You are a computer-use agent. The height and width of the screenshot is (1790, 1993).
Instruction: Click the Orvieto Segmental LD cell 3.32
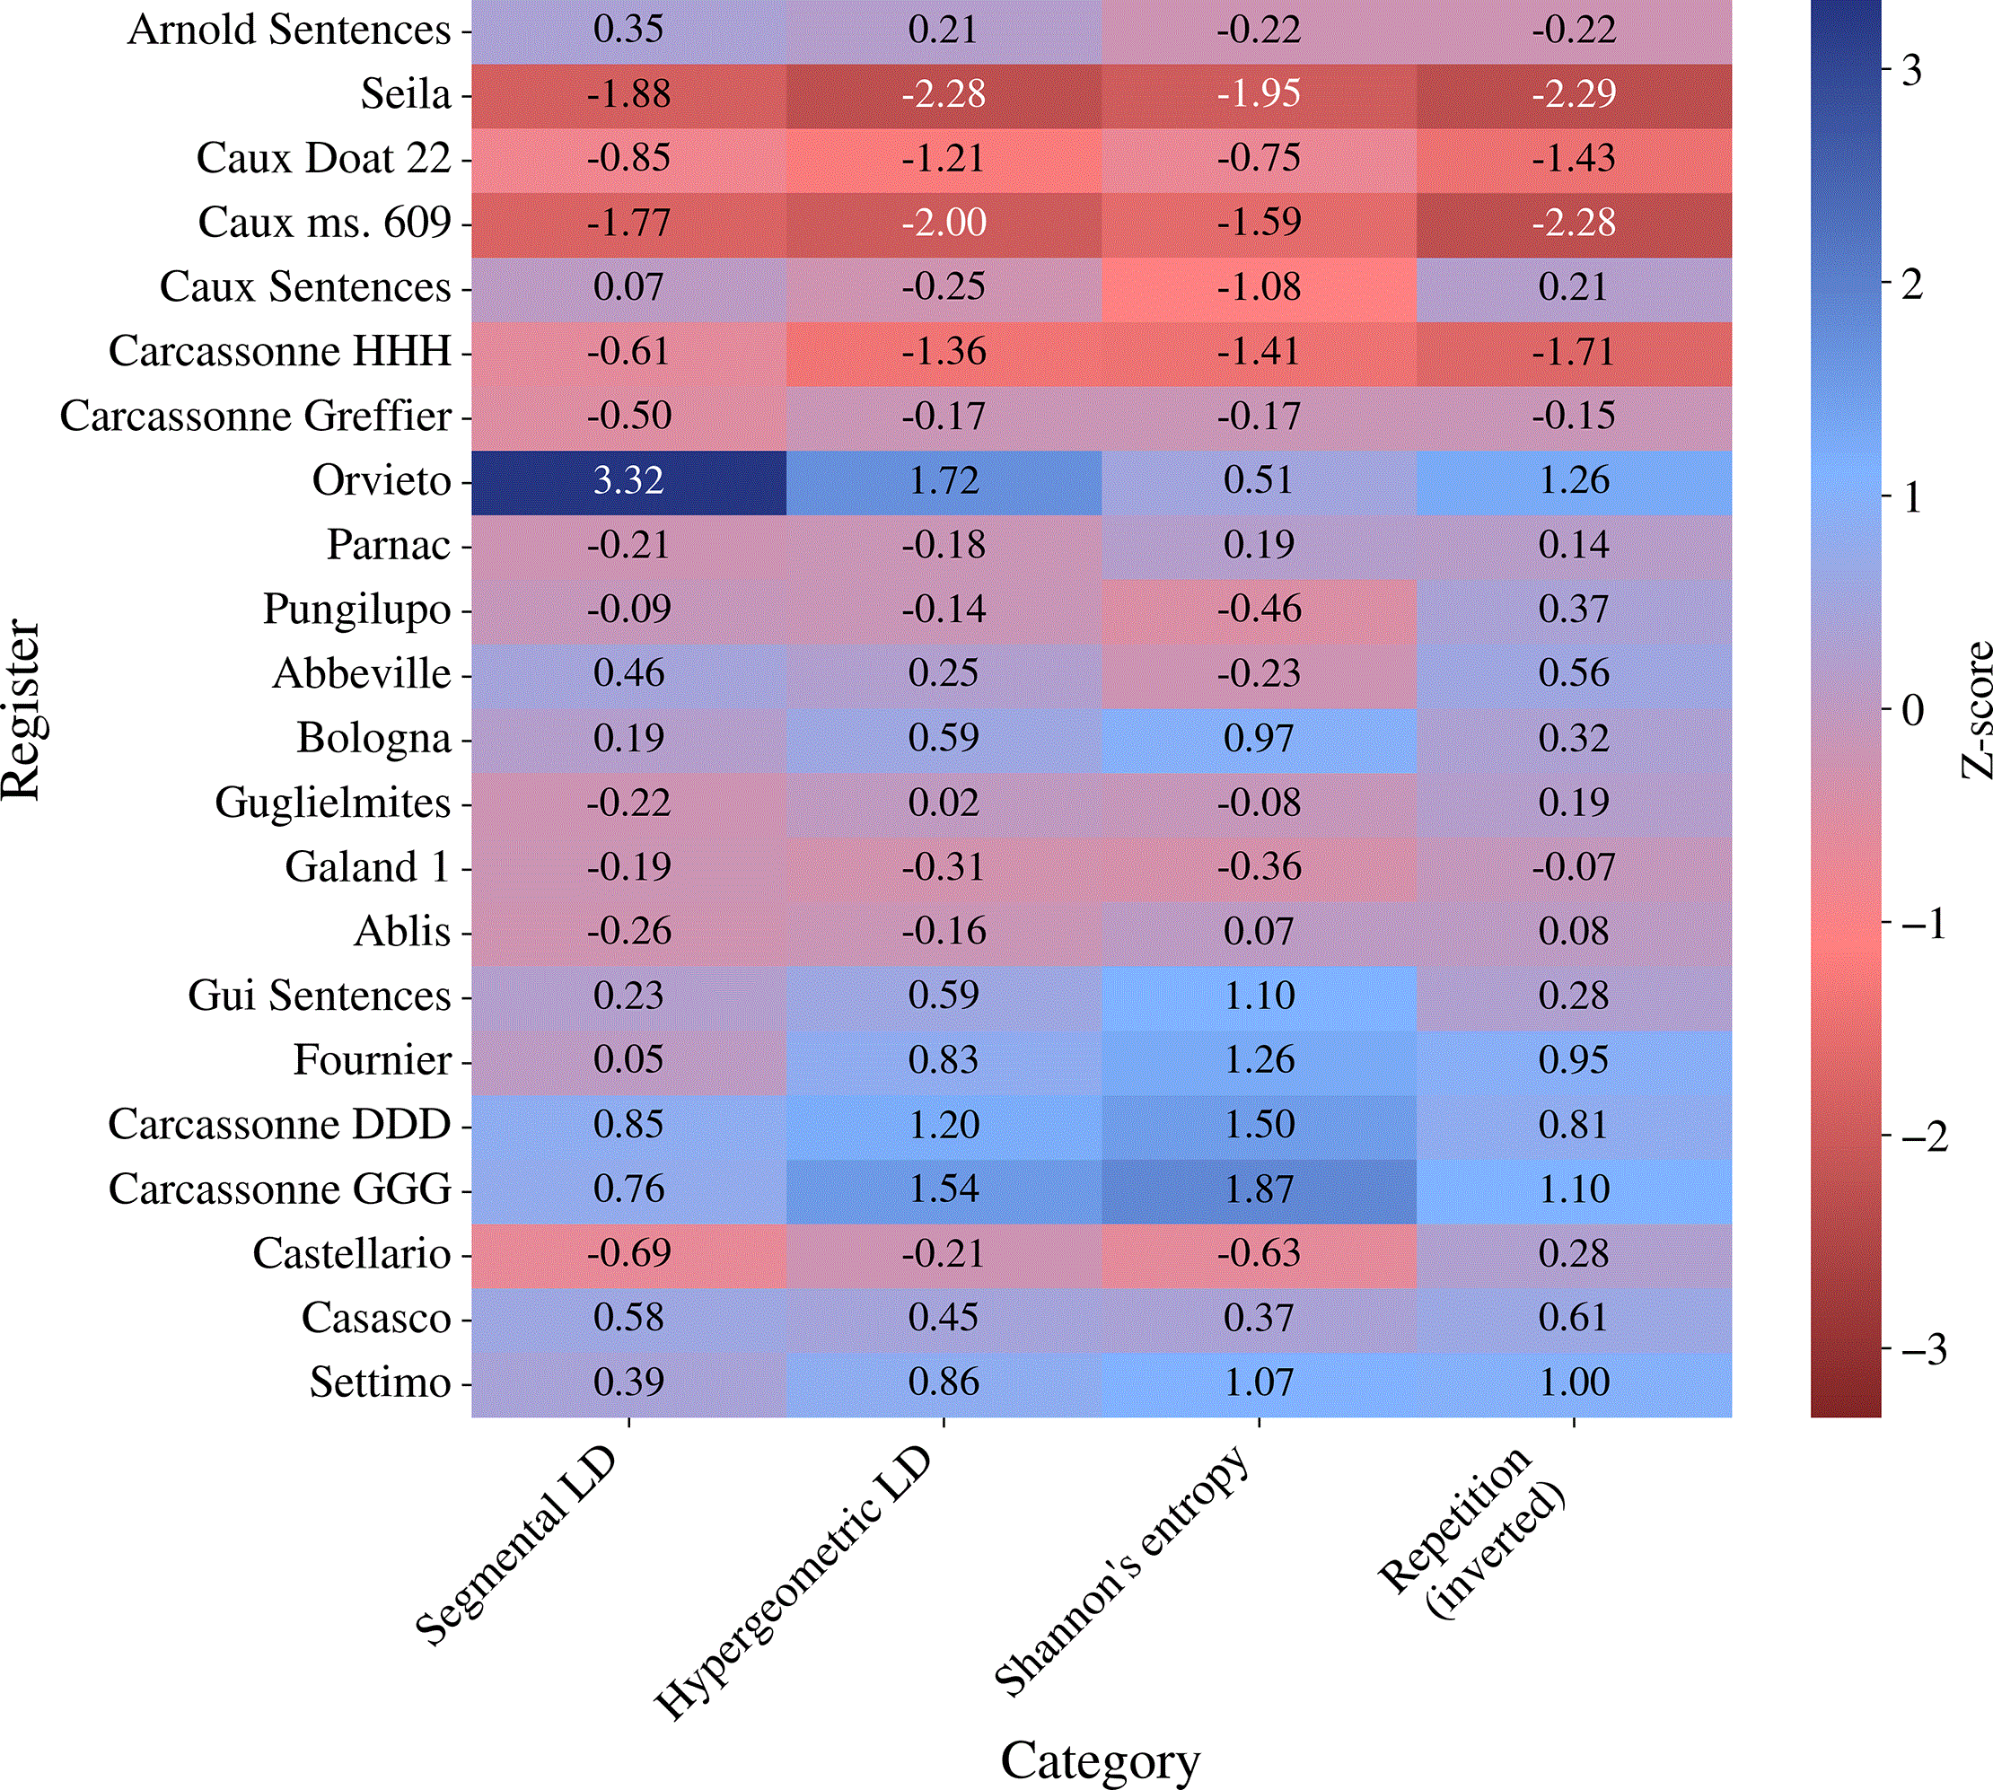628,482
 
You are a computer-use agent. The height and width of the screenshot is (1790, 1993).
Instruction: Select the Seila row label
405,94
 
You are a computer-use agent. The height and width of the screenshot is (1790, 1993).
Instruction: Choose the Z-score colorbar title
1975,709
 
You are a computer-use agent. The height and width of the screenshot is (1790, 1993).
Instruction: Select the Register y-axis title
22,709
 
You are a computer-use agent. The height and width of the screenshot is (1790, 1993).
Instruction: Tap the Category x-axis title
1101,1759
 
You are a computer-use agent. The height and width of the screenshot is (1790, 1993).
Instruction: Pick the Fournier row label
372,1060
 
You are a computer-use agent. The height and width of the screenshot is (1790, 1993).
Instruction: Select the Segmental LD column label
517,1545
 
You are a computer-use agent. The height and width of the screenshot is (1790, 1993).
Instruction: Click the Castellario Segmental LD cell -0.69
628,1255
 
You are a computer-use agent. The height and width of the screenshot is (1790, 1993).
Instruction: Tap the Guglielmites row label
332,803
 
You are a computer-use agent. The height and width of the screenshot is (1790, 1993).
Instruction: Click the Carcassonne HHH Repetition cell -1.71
1574,353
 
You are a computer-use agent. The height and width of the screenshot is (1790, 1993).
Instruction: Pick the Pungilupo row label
357,610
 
